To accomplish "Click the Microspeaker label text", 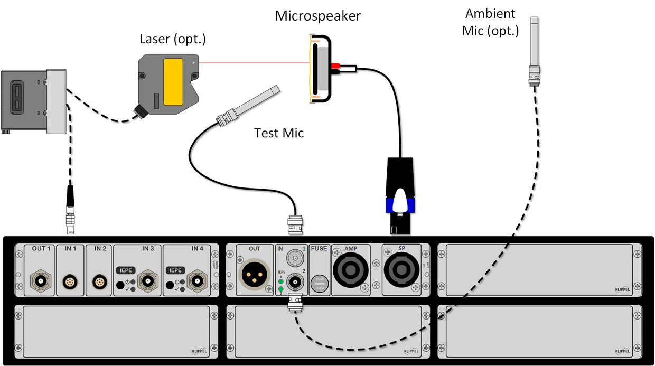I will (317, 16).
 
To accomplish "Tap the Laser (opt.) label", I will (172, 39).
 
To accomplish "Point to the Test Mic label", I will (279, 133).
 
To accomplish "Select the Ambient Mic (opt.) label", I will (490, 22).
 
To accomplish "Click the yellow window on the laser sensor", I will (174, 82).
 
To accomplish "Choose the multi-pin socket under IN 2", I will (99, 282).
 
